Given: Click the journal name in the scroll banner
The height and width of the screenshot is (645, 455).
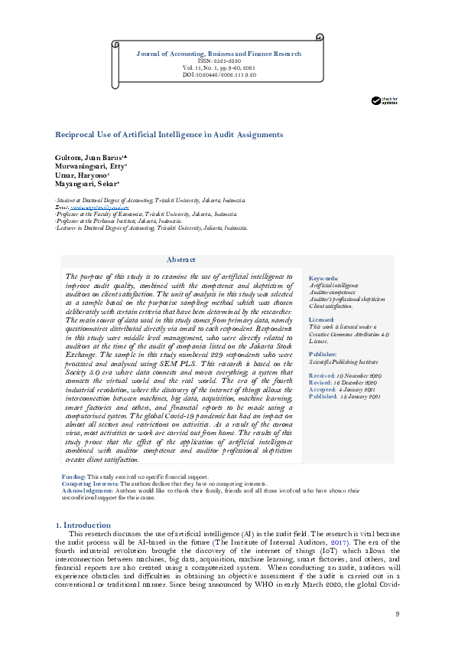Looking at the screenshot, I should (218, 54).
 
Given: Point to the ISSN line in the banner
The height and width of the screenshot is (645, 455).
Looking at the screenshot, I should (218, 61).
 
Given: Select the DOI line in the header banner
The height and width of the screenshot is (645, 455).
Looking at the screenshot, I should (218, 75).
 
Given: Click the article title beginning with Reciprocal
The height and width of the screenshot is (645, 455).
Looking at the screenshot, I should (168, 134).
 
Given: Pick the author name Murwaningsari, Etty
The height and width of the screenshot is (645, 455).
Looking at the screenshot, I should (90, 165).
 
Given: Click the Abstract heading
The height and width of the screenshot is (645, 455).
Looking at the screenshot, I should (180, 260).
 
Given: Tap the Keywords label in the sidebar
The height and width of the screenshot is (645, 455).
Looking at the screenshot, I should (322, 278).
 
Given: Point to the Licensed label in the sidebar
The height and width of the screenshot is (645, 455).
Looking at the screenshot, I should (321, 319).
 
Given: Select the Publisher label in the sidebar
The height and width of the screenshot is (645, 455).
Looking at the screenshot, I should (323, 355).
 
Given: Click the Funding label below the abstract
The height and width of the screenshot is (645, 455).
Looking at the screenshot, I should (73, 477).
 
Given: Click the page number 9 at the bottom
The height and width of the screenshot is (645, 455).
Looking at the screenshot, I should (397, 614).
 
